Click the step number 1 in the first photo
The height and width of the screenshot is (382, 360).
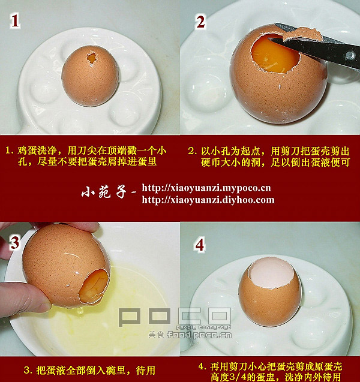[15, 22]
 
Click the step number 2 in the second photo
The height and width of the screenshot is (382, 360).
[200, 22]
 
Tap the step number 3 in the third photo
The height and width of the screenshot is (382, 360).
[15, 243]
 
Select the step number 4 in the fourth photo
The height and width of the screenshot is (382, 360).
[200, 245]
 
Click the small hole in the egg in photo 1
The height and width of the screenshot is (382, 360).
[92, 58]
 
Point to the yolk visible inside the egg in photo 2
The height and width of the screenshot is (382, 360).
[274, 55]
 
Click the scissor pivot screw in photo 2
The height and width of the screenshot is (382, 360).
[350, 55]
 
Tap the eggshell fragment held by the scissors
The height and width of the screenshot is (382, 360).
[302, 34]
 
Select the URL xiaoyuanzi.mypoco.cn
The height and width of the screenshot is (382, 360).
[206, 188]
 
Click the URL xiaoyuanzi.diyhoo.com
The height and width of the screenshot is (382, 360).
[208, 200]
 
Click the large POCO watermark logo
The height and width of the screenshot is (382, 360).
[175, 317]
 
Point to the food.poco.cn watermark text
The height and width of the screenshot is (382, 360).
[199, 335]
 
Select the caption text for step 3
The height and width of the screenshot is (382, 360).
[89, 371]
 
